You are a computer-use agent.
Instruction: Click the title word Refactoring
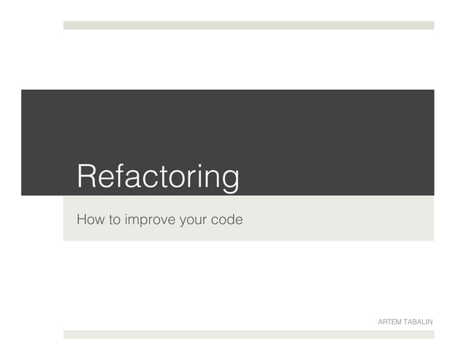(158, 177)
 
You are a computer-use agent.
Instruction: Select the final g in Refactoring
(229, 180)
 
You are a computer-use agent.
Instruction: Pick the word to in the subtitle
(115, 218)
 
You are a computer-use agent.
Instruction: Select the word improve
(150, 219)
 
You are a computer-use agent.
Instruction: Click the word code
(226, 218)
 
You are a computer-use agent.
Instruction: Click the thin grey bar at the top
(248, 25)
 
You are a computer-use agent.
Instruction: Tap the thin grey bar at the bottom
(248, 334)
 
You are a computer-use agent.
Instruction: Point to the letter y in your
(183, 221)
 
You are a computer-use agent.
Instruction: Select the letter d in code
(230, 218)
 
